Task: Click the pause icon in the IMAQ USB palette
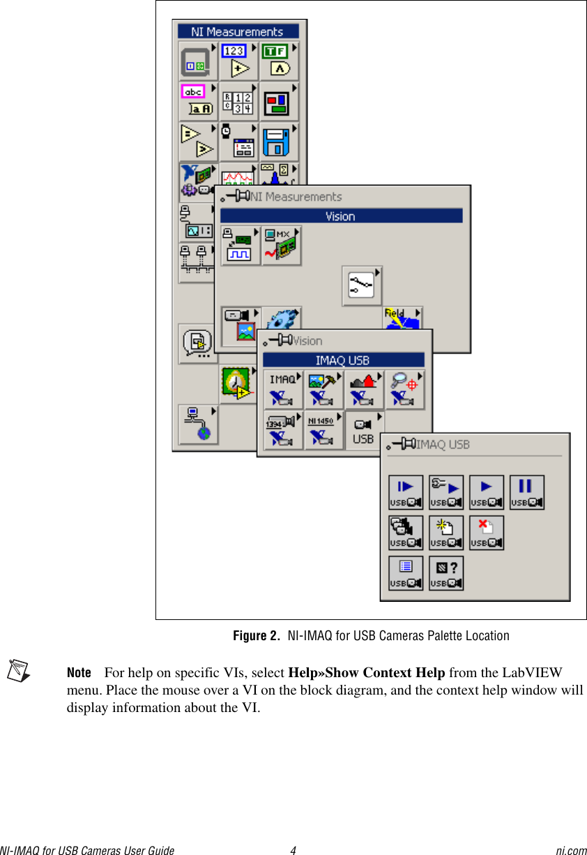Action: tap(527, 492)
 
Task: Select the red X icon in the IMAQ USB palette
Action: tap(487, 533)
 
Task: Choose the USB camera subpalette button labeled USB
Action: tap(364, 430)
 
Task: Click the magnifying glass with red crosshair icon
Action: tap(404, 389)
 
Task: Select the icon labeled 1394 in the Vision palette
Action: tap(282, 430)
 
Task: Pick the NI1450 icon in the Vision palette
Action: tap(323, 430)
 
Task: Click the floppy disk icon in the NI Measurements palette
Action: tap(279, 142)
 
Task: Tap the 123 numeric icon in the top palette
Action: tap(238, 61)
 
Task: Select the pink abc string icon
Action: tap(198, 101)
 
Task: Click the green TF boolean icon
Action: tap(279, 61)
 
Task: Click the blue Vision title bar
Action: tap(341, 216)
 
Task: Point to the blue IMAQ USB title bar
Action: tap(343, 361)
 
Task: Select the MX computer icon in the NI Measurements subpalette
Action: tap(282, 245)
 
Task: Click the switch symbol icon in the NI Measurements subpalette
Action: tap(362, 285)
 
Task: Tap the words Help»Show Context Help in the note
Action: tap(366, 673)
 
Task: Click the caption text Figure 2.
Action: tap(255, 636)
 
